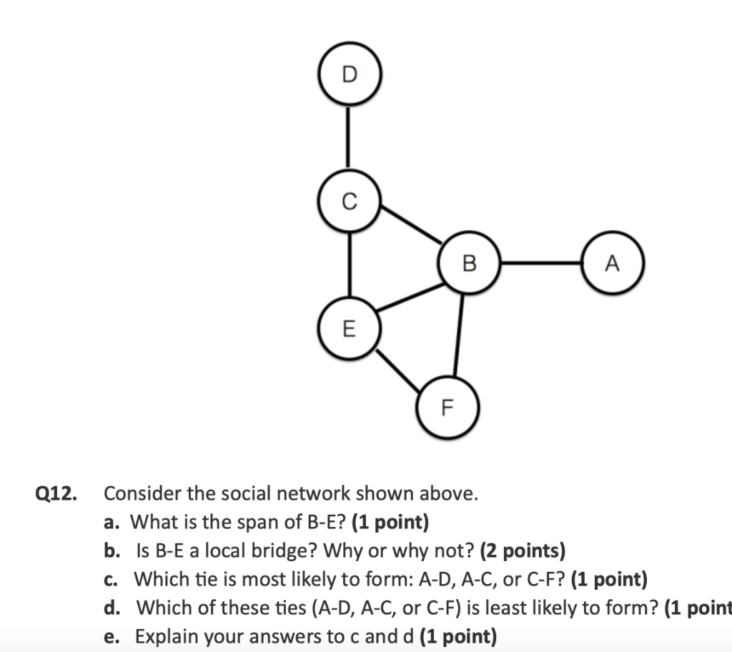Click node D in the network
pyautogui.click(x=349, y=74)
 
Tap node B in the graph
pyautogui.click(x=469, y=263)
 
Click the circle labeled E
pyautogui.click(x=349, y=328)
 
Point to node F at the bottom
pyautogui.click(x=447, y=407)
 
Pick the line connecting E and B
pyautogui.click(x=410, y=296)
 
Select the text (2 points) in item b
pyautogui.click(x=523, y=550)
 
